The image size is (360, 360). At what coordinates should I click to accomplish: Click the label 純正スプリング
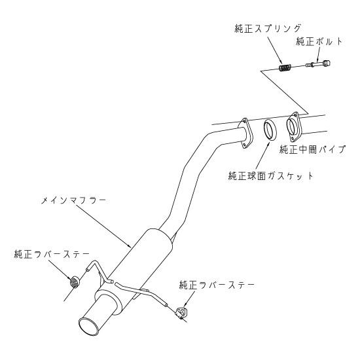[x=268, y=29]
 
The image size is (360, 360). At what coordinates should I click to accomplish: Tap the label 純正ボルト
[x=319, y=41]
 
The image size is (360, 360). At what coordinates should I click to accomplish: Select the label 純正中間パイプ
[x=312, y=149]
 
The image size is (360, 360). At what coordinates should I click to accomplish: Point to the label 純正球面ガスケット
[x=271, y=176]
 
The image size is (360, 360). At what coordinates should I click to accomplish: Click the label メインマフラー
[x=73, y=200]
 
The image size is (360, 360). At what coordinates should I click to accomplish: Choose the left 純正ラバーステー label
[x=52, y=255]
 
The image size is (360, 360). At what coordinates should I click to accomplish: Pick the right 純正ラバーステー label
[x=217, y=285]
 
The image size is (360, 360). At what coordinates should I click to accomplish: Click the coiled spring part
[x=285, y=67]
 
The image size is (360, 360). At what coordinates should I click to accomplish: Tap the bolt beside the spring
[x=318, y=64]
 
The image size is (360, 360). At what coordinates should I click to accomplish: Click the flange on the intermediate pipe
[x=293, y=127]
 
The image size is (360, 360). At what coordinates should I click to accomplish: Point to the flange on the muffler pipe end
[x=245, y=134]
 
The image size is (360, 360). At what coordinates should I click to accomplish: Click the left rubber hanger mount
[x=75, y=281]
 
